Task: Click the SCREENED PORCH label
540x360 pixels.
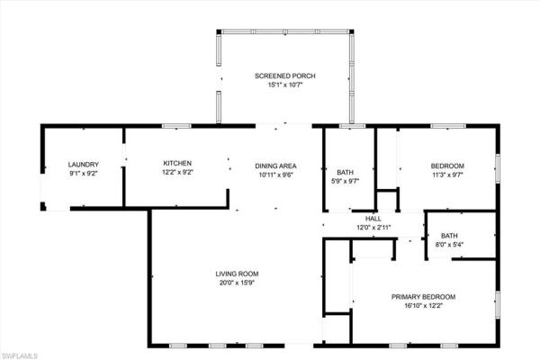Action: tap(283, 76)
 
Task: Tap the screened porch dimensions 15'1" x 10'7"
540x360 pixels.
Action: tap(283, 85)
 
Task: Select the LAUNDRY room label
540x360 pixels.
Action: tap(83, 164)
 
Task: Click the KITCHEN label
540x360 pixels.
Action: tap(178, 163)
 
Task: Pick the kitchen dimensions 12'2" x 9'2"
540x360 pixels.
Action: tap(178, 172)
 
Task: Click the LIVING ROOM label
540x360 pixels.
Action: tap(237, 274)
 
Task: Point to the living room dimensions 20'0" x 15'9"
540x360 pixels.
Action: tap(237, 283)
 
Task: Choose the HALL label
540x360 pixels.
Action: tap(373, 219)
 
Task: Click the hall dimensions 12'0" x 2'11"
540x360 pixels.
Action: tap(373, 227)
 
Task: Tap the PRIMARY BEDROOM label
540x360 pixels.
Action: tap(423, 297)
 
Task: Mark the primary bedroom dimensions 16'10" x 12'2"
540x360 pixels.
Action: tap(423, 306)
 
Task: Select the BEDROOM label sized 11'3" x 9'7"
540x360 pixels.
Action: tap(447, 166)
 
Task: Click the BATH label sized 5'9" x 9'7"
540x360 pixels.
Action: tap(346, 172)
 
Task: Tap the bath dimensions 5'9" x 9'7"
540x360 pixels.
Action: tap(346, 181)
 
